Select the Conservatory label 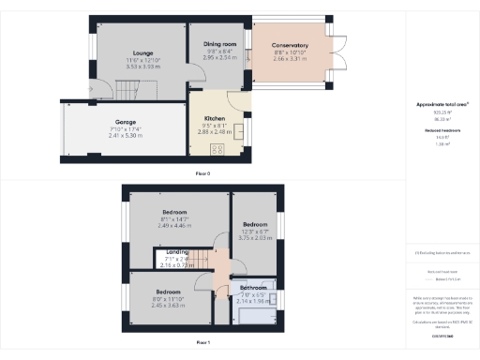point(291,45)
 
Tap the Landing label point(177,253)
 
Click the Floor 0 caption point(202,174)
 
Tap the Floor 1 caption point(202,343)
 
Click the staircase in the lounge point(127,91)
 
